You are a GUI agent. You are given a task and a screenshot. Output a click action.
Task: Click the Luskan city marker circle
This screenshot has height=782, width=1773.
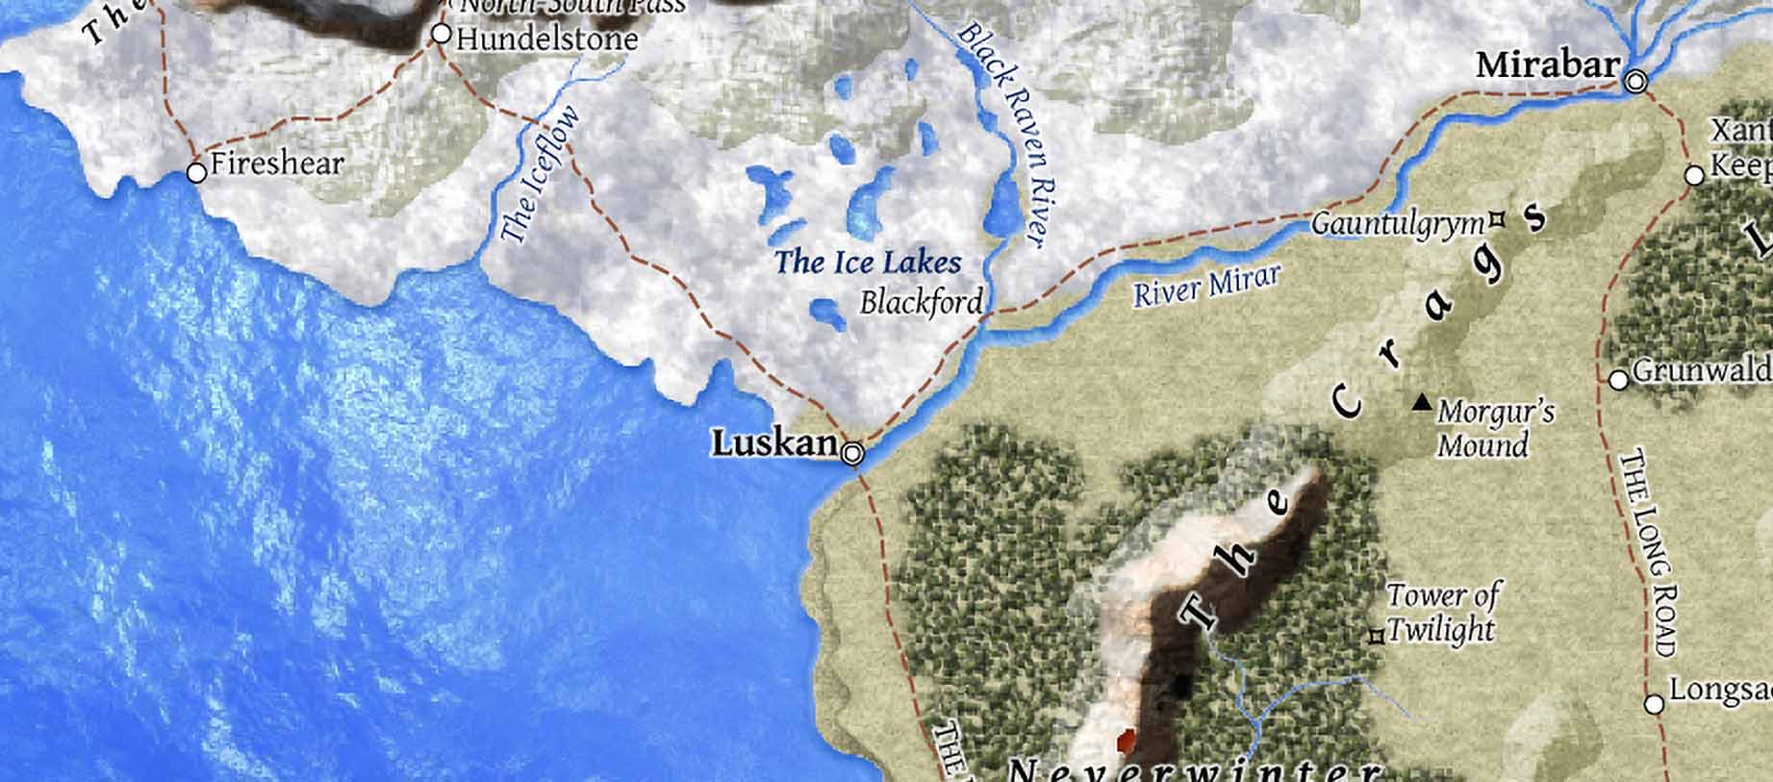(x=852, y=454)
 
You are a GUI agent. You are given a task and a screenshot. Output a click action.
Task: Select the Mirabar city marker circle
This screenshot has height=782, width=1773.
(x=1635, y=83)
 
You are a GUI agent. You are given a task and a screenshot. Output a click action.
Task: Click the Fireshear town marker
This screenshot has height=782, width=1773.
(x=196, y=173)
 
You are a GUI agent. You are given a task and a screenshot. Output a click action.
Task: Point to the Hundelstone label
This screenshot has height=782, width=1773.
(x=546, y=39)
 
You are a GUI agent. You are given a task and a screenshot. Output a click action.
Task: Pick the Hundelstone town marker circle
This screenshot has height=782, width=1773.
(x=441, y=35)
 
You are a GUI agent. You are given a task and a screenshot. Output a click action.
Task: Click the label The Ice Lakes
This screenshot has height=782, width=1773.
(x=868, y=262)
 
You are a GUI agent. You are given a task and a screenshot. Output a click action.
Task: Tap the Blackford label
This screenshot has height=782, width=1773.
(x=921, y=302)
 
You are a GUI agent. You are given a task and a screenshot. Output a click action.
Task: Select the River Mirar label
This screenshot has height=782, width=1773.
(x=1206, y=286)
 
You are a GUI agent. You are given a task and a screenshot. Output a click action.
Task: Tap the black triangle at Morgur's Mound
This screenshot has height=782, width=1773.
(x=1420, y=403)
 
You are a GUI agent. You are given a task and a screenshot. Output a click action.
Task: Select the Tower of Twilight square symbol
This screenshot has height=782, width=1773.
(x=1377, y=636)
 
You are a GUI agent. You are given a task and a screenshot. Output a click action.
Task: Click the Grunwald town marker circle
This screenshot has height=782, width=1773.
(x=1618, y=380)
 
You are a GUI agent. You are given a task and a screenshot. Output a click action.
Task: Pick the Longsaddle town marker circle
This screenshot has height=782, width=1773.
(x=1654, y=704)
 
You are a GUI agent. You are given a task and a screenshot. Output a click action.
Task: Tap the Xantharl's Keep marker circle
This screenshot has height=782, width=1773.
(x=1694, y=176)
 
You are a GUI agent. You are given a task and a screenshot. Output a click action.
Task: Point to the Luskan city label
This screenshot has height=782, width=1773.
(x=773, y=443)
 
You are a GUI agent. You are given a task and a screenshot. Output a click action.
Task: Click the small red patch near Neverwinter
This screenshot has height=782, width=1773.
(x=1124, y=741)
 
